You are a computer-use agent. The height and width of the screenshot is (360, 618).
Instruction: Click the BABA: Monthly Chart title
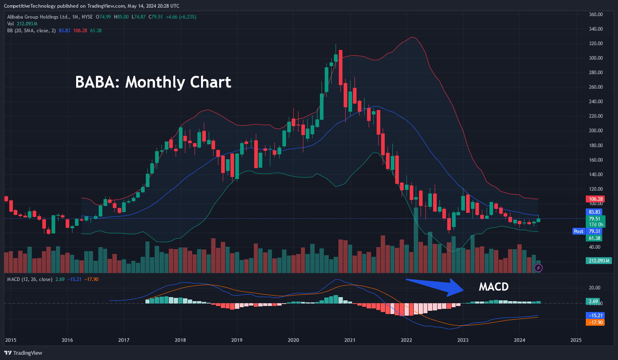(153, 82)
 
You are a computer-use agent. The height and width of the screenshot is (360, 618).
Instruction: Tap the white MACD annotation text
(494, 287)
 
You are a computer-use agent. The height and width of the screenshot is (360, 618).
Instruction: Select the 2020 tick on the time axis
(293, 340)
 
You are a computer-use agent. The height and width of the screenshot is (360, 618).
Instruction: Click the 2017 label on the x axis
(124, 340)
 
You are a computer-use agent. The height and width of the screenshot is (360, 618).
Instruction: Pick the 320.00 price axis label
(596, 44)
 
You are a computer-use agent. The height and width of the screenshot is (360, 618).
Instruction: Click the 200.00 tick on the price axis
(596, 131)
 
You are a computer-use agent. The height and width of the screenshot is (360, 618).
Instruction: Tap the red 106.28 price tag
(596, 199)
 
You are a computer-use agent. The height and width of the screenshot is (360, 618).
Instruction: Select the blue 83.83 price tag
(595, 212)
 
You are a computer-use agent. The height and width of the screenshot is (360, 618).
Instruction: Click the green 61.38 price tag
(595, 238)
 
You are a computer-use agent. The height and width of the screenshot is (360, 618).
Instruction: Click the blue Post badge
(579, 231)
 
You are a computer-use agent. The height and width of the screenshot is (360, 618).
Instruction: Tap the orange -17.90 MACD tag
(595, 323)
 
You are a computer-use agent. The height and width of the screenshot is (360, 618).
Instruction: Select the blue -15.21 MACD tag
(595, 316)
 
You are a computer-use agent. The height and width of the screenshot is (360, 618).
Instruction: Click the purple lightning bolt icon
(538, 268)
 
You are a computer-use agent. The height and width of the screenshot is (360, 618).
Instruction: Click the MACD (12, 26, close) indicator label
(30, 279)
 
